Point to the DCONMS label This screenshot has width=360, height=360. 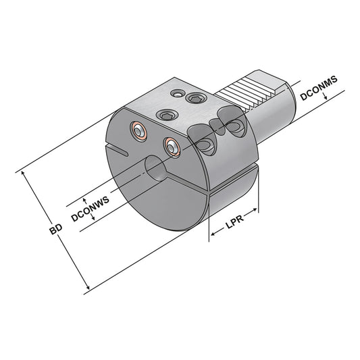[318, 88]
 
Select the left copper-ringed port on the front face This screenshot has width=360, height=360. [139, 132]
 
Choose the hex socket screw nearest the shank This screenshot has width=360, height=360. [196, 99]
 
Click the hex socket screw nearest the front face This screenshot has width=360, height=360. [165, 115]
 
